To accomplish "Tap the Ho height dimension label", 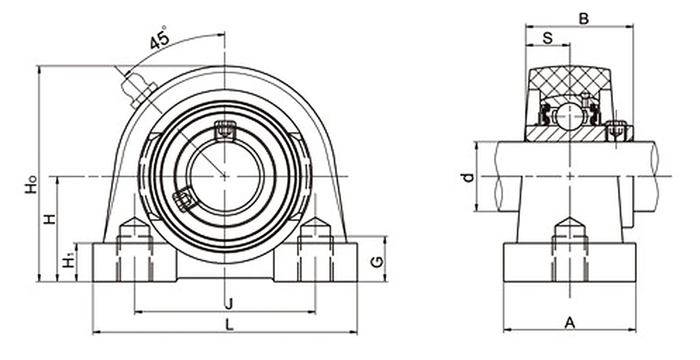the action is coord(31,184).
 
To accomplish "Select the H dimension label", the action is coord(49,219).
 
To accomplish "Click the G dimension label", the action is coord(377,262).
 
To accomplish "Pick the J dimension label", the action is coord(229,304).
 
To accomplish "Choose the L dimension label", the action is coord(230,325).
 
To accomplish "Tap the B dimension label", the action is coord(584,19).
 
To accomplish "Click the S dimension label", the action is coord(548,38).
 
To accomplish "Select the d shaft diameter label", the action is coord(469,178).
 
